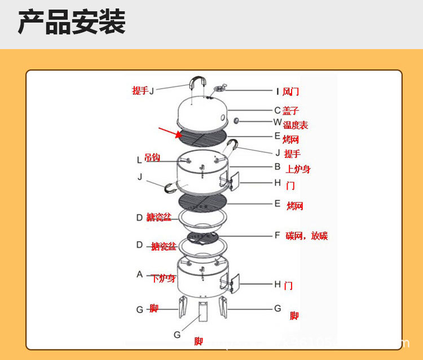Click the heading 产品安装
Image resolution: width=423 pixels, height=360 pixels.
pos(72,23)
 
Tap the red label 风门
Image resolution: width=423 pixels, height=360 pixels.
pos(290,91)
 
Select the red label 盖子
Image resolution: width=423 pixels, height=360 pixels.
pos(290,111)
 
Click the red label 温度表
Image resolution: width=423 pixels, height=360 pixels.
pos(296,125)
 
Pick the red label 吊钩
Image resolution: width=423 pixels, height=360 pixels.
pos(152,158)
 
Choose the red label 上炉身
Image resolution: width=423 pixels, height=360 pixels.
pos(298,169)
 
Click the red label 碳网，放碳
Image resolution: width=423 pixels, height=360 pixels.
pos(306,235)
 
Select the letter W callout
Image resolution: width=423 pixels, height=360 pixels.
pos(277,122)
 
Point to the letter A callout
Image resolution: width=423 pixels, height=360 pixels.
pos(140,275)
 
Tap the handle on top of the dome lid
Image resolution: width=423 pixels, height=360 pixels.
pos(199,84)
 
